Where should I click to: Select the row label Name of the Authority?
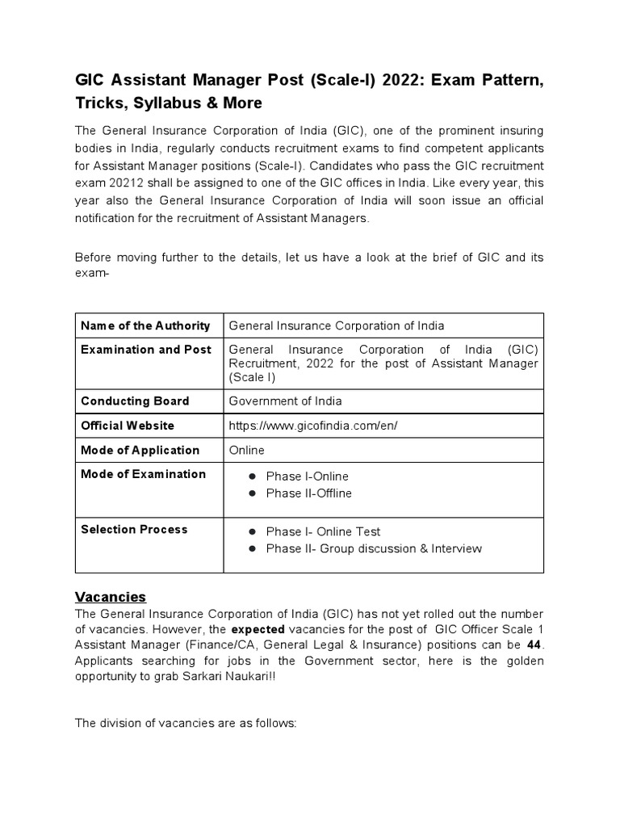pos(145,325)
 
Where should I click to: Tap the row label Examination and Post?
pos(146,350)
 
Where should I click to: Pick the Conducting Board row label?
pos(135,401)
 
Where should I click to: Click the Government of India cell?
pos(285,401)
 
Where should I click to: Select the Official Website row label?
pos(127,426)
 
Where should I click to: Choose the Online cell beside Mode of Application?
pos(246,450)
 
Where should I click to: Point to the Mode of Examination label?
pos(143,474)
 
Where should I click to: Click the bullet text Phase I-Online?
pos(307,476)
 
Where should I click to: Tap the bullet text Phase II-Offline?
pos(308,493)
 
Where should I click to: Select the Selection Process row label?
pos(134,529)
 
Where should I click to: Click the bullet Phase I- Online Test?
pos(323,531)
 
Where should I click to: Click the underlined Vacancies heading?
pos(111,597)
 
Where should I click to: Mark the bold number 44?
pos(534,644)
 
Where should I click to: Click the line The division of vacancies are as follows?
pos(186,723)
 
